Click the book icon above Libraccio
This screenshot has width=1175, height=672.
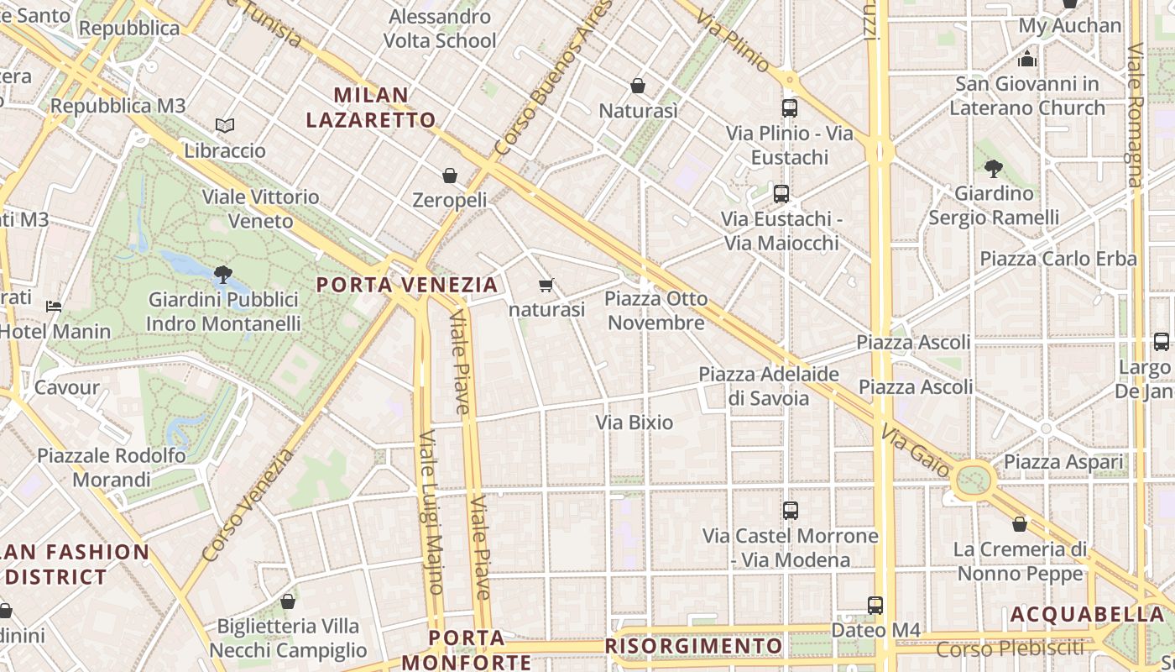tap(224, 126)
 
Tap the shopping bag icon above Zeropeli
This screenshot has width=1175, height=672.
tap(450, 176)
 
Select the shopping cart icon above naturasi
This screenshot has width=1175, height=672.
tap(546, 286)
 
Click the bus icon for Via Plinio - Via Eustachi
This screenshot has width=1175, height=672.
tap(789, 108)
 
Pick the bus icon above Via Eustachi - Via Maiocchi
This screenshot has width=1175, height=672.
tap(781, 194)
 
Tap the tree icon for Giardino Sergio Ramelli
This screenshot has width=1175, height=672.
tap(994, 168)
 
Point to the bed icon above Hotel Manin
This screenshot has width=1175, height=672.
tap(54, 307)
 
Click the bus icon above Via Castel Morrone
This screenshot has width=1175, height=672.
tap(790, 511)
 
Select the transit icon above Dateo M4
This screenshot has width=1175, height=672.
tap(875, 605)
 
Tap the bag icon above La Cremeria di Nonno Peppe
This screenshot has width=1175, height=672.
tap(1020, 524)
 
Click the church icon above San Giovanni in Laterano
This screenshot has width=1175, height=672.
tap(1026, 59)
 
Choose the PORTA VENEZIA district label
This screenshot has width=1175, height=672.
tap(407, 285)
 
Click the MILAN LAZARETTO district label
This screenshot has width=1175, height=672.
tap(371, 108)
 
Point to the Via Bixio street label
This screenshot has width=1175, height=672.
tap(634, 422)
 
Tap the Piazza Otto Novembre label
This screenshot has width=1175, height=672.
tap(656, 311)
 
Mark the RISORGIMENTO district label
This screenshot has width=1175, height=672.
tap(693, 646)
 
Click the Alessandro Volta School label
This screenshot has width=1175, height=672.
tap(440, 29)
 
